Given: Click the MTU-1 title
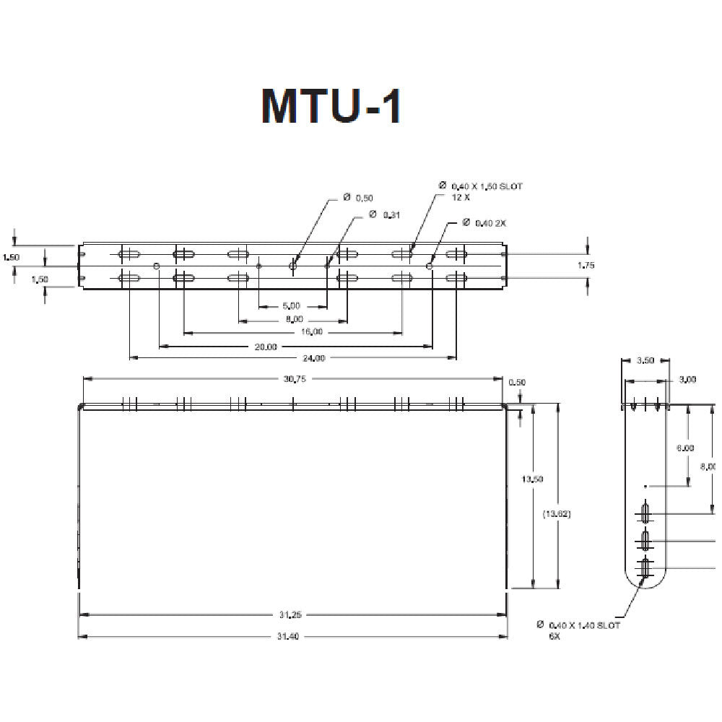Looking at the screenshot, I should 331,106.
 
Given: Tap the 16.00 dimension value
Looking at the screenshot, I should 312,332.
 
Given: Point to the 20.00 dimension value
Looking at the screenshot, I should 266,347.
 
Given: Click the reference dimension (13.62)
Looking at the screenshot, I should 557,514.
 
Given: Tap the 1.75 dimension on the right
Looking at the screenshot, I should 586,266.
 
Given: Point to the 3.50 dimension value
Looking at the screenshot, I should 645,360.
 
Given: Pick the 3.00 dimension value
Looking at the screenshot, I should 688,380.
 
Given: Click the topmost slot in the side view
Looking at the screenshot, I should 645,513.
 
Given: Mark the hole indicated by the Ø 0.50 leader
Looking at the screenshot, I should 292,266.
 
